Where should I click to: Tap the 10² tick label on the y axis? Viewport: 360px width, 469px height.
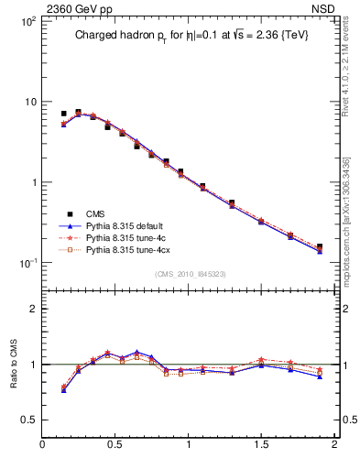(x=27, y=21)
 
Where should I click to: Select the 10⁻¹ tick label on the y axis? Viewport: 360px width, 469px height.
(x=27, y=263)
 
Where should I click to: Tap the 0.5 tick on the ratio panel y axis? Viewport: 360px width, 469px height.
(x=28, y=420)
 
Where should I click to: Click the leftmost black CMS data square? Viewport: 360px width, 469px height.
(x=63, y=114)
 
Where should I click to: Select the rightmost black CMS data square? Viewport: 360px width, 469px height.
(x=320, y=246)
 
